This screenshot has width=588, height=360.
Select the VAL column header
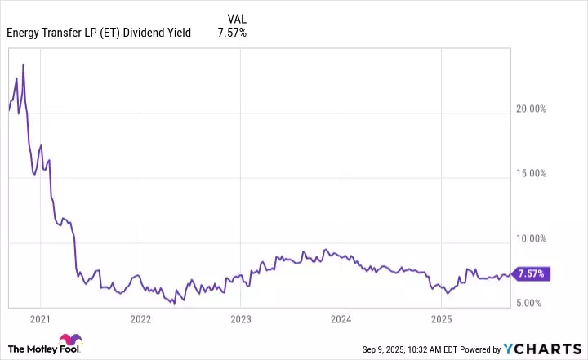click(236, 17)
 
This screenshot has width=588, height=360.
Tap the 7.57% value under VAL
click(232, 33)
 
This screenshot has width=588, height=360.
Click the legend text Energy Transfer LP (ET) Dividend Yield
click(99, 33)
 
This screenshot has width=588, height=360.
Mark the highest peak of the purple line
click(23, 64)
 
